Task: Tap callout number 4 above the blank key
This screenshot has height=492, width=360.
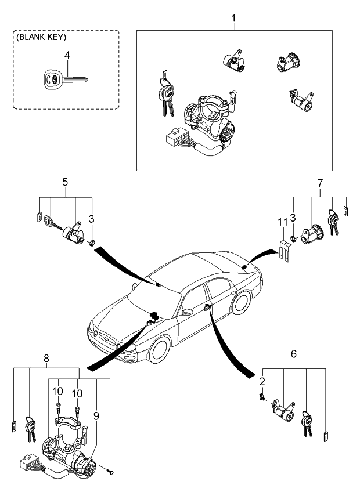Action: (67, 55)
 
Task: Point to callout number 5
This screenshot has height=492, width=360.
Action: (65, 182)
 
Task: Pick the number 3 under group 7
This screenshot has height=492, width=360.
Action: (294, 217)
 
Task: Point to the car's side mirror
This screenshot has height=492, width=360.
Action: (187, 312)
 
